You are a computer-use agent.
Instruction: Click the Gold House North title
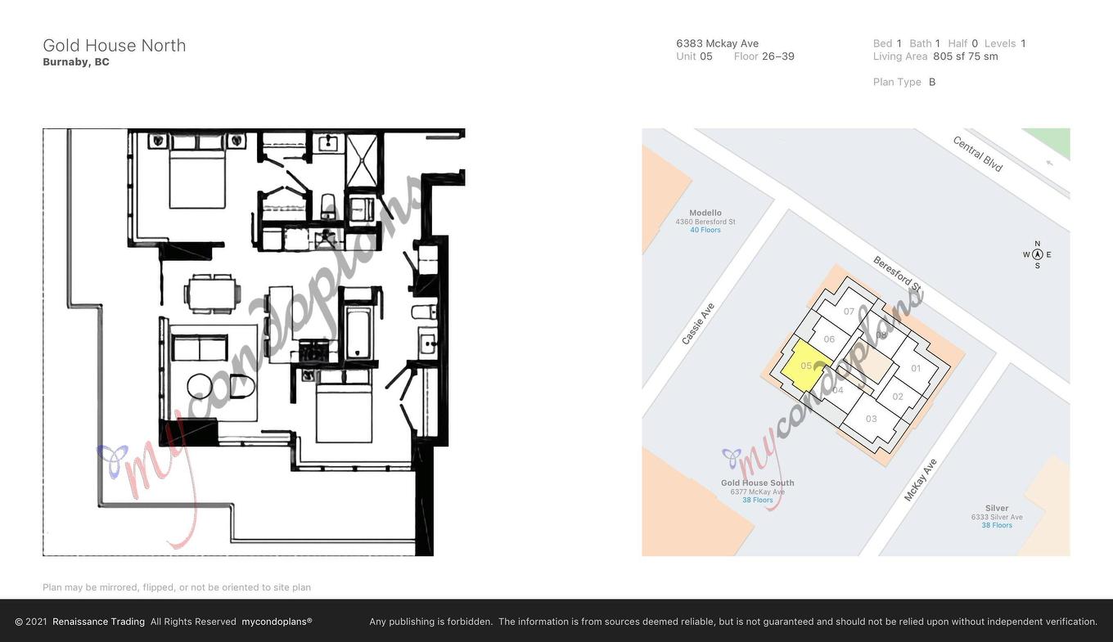coord(115,45)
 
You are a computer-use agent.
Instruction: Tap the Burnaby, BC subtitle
coord(76,62)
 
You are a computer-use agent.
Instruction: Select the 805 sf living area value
coord(949,56)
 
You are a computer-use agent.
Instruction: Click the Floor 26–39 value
coord(777,56)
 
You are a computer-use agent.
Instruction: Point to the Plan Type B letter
coord(932,82)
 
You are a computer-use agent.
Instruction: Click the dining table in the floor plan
coord(213,294)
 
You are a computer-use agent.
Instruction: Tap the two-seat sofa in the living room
coord(201,348)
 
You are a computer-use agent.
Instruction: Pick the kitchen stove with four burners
coord(313,352)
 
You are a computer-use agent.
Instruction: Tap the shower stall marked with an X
coord(363,160)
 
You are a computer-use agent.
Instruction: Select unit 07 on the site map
coord(849,312)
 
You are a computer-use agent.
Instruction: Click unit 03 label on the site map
coord(871,419)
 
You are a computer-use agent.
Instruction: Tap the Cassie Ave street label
coord(698,324)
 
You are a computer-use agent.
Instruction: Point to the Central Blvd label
coord(977,154)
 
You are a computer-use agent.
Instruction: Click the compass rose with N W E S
coord(1037,254)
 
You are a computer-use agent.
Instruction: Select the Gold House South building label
coord(757,483)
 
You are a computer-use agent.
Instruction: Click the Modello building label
coord(705,213)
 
